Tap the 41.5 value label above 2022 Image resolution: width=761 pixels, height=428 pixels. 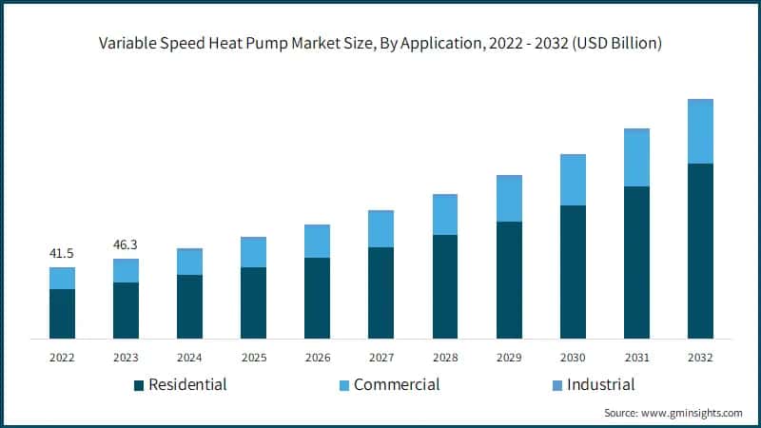tap(62, 253)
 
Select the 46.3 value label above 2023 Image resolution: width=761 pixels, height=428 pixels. tap(126, 244)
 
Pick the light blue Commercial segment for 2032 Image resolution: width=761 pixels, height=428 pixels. tap(700, 131)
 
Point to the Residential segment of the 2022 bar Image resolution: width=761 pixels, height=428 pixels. tap(62, 313)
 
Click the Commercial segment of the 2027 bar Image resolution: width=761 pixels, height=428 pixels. tap(380, 228)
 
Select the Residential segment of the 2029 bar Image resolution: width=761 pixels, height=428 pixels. tap(509, 280)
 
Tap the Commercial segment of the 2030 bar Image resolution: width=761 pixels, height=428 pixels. tap(573, 180)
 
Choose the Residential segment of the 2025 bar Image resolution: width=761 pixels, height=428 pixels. tap(253, 302)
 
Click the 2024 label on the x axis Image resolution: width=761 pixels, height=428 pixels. tap(189, 358)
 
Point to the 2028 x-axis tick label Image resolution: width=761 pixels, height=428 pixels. tap(444, 358)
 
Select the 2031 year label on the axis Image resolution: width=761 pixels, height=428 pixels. tap(636, 358)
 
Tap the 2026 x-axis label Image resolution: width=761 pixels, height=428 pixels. tap(317, 358)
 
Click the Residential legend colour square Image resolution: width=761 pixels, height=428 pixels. tap(139, 385)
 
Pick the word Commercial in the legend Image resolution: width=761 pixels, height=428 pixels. tap(397, 385)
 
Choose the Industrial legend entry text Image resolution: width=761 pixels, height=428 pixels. tap(600, 385)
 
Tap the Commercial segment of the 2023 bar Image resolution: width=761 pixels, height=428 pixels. tap(126, 270)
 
